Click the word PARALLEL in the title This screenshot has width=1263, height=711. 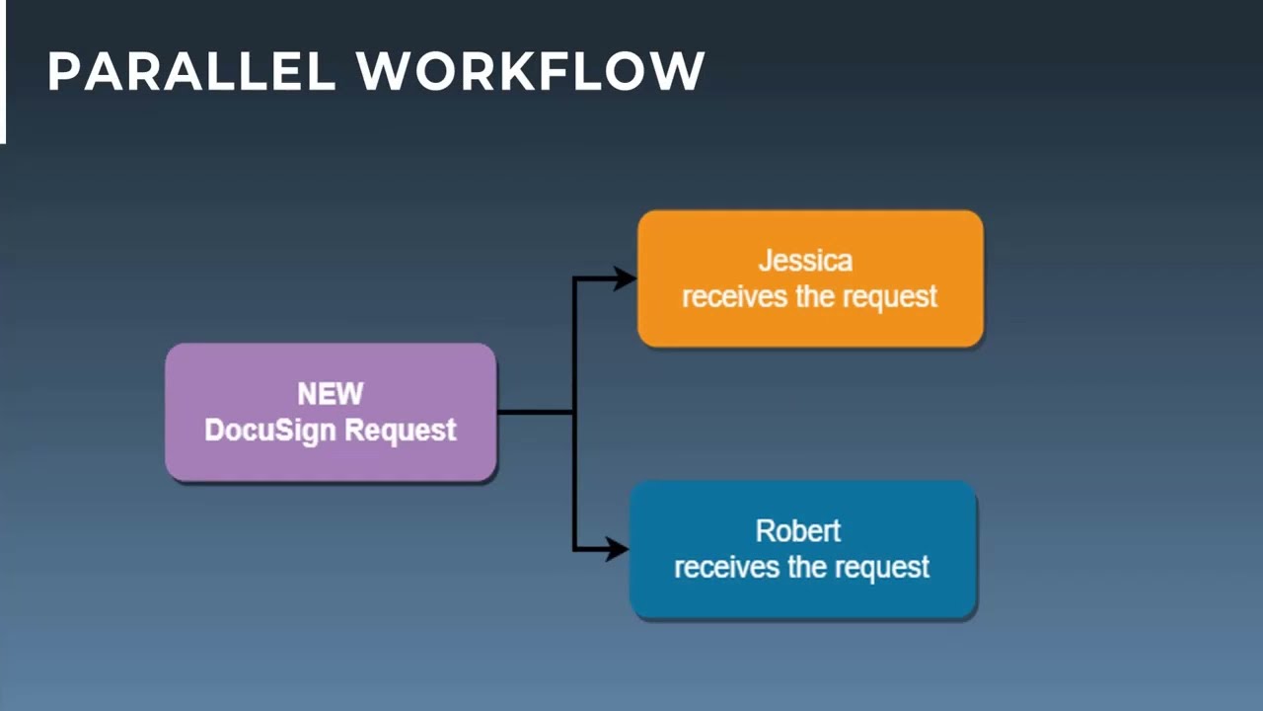point(191,71)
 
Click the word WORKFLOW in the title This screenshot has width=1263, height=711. point(531,71)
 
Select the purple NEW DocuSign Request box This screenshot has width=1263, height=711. point(331,412)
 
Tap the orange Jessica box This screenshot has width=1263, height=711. point(811,278)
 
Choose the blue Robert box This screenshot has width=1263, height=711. point(803,549)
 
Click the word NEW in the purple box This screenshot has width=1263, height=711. point(331,393)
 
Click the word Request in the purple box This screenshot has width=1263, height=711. point(401,431)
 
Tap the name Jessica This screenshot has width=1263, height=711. point(806,261)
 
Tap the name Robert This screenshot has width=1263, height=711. point(798,531)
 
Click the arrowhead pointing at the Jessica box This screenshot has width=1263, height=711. point(625,278)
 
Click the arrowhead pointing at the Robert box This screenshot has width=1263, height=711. point(617,549)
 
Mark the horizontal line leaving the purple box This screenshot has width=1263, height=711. point(536,412)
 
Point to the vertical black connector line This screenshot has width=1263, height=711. point(574,414)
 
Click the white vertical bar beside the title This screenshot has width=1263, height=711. point(3,72)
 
